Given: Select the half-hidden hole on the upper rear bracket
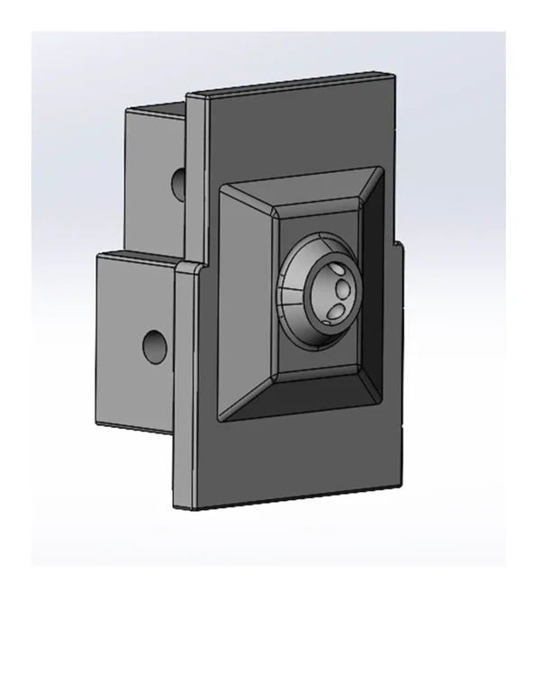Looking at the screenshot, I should point(180,183).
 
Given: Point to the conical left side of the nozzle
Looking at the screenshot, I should point(290,297).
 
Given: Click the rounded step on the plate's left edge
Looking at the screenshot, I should point(185,266).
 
